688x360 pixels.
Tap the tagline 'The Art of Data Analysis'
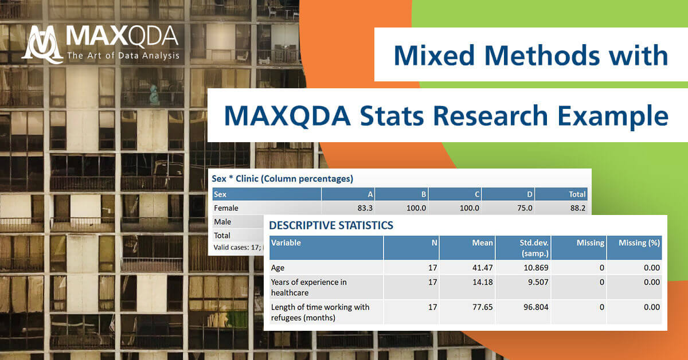coord(123,56)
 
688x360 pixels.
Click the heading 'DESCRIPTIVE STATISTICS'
coord(331,225)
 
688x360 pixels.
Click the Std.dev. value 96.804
coord(534,307)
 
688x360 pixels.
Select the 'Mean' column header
coord(482,242)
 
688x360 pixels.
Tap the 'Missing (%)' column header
coord(639,242)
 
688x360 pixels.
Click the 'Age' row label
coord(277,267)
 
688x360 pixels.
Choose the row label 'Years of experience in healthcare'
coord(308,287)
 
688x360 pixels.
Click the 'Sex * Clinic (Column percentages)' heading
coord(282,179)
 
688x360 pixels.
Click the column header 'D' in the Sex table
coord(529,194)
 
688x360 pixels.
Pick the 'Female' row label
coord(226,208)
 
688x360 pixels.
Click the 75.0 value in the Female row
coord(523,208)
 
